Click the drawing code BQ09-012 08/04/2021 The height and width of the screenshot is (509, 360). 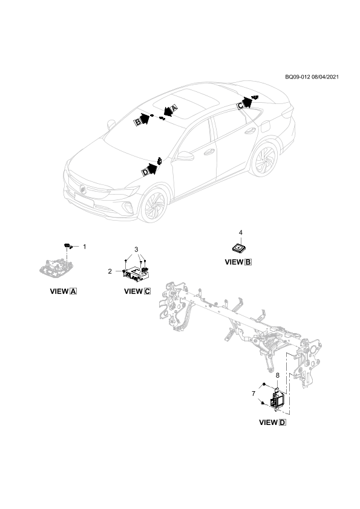(312, 77)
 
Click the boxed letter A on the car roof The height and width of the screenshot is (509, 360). (174, 109)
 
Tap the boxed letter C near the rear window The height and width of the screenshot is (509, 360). (240, 106)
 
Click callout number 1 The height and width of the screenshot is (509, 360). (85, 247)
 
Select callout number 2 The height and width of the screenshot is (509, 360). (110, 271)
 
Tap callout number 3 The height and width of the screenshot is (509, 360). (137, 249)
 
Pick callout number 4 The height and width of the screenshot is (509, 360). (240, 232)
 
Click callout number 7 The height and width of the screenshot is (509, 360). (254, 394)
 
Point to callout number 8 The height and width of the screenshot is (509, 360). (278, 375)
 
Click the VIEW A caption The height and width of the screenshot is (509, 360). (64, 291)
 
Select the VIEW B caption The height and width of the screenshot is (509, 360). (238, 262)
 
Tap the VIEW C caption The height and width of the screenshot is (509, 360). (137, 291)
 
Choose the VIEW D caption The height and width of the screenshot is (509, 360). (273, 423)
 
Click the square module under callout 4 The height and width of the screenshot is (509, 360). (239, 248)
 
